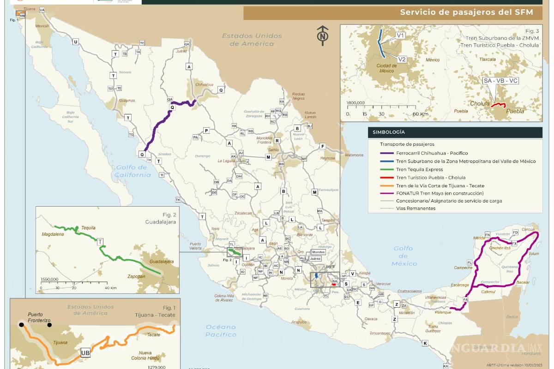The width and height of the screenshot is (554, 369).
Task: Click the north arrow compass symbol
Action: coord(322,34)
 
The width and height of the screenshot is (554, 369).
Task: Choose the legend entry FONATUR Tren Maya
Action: coord(440,193)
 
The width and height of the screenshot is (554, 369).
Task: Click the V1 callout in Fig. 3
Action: coord(400,35)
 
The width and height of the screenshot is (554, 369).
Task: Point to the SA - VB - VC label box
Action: coord(500,80)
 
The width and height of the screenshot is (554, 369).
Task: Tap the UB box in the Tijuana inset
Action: coord(85,352)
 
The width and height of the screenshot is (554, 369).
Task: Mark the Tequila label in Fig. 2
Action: coord(88,228)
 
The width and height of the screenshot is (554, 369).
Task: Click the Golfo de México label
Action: coord(403,256)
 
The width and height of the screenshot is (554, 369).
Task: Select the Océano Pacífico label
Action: coord(220,330)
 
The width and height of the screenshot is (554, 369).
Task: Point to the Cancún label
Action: coord(528,229)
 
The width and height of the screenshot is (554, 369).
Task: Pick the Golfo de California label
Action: coord(133,171)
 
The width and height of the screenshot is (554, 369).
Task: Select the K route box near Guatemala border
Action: coord(425,343)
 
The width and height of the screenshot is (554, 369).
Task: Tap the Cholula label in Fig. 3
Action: coord(479,104)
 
